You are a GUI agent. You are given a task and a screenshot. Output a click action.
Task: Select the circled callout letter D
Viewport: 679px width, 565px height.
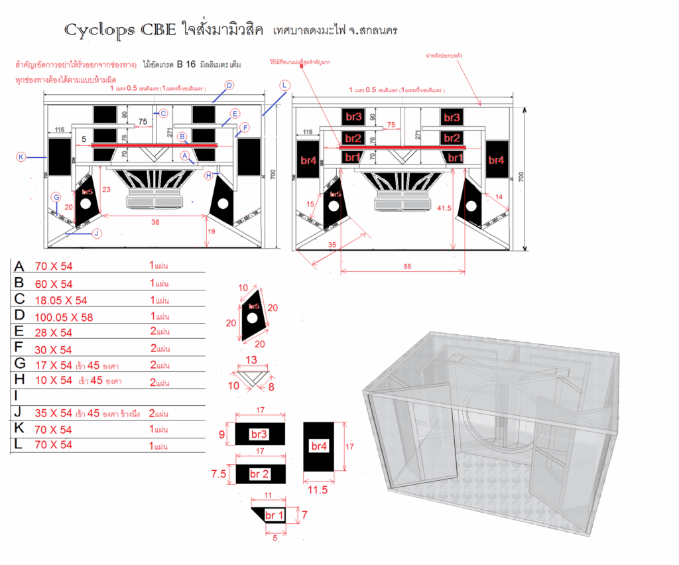(x=229, y=85)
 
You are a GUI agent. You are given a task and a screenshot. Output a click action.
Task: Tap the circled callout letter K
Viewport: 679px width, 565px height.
(x=21, y=157)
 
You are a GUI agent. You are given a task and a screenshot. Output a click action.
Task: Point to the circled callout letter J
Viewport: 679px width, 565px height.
(x=97, y=233)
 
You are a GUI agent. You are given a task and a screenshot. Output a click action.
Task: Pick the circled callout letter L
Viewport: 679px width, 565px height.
(x=284, y=85)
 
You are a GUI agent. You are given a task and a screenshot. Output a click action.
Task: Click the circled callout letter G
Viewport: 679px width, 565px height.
(x=56, y=197)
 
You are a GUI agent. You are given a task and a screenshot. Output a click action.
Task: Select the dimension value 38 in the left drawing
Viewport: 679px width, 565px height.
(x=155, y=223)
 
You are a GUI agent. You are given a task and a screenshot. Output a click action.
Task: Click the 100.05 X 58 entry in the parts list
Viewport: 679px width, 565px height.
(x=64, y=317)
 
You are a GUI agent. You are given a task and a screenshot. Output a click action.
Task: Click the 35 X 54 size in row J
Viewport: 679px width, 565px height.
(x=54, y=414)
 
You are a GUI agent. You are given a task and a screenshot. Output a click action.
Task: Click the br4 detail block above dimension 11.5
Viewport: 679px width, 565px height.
(x=319, y=446)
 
